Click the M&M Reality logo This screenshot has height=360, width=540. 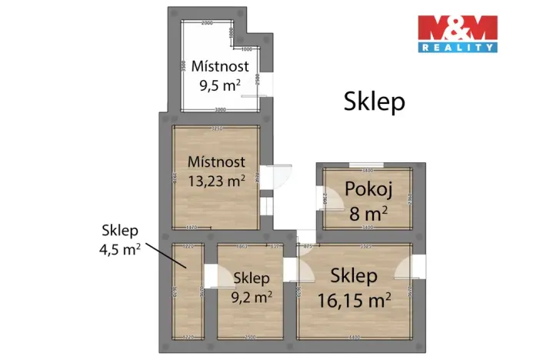(x=457, y=33)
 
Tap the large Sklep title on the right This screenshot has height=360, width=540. (x=374, y=101)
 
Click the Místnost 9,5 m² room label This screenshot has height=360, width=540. (x=220, y=75)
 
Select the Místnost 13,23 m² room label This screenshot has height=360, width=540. (x=216, y=171)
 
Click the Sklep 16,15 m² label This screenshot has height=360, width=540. (x=354, y=286)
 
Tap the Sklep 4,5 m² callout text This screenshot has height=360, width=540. (x=119, y=238)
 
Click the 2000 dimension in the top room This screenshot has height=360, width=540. (x=207, y=24)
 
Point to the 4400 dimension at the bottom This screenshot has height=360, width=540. (x=353, y=337)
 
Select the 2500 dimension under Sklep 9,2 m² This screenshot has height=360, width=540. (x=249, y=337)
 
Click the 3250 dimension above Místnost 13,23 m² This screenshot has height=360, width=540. (x=216, y=128)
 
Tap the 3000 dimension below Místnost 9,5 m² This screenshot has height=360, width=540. (x=220, y=109)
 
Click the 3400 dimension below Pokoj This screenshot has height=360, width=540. (x=366, y=228)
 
